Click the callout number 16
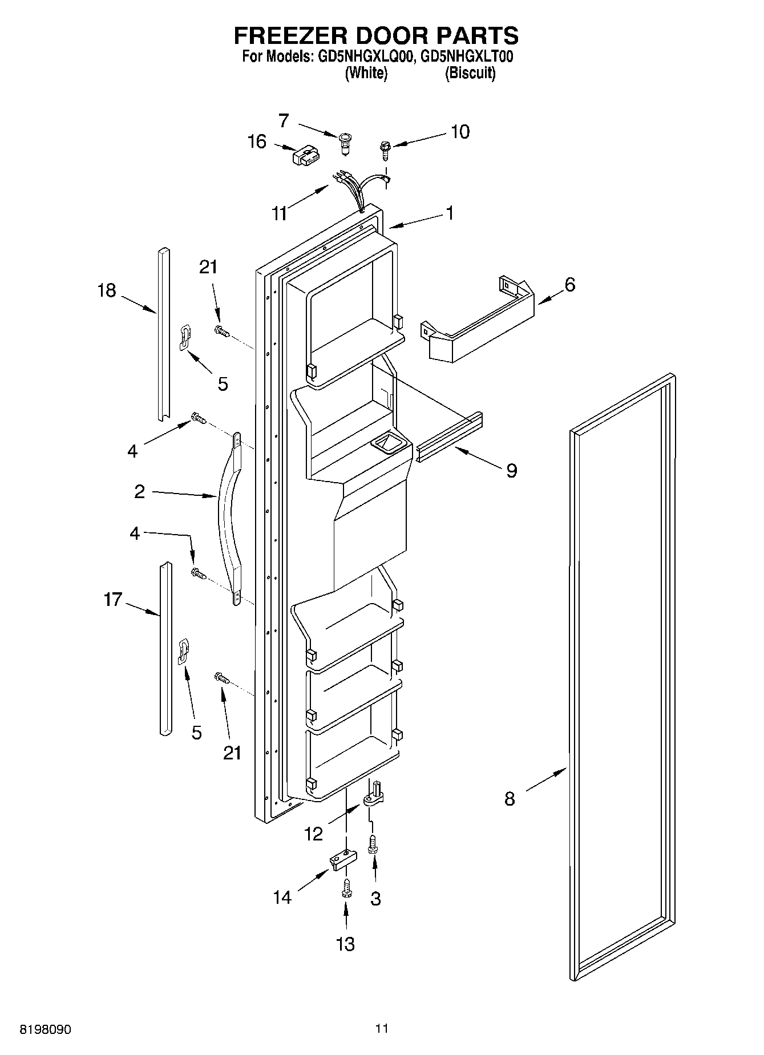[x=257, y=141]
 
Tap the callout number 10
[x=460, y=132]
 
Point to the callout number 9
[x=511, y=470]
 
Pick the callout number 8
[x=510, y=798]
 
